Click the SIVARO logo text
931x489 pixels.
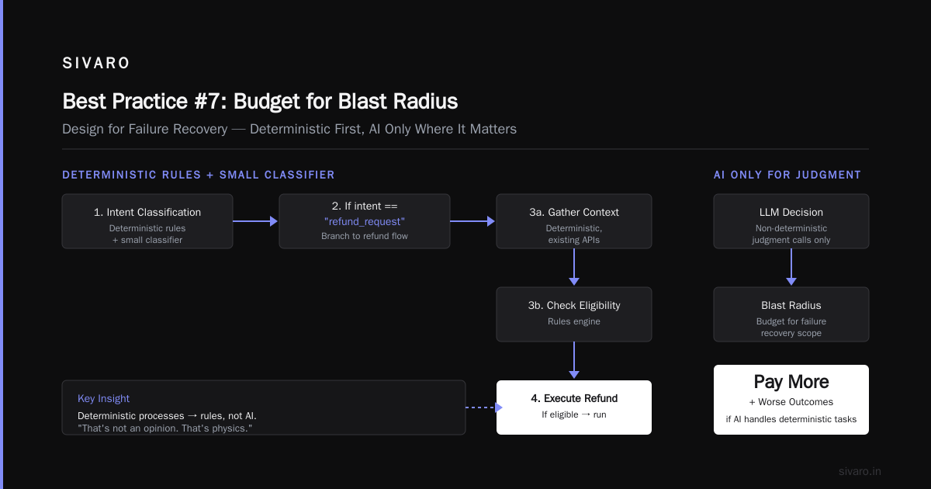pos(96,63)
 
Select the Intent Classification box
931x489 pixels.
pos(147,221)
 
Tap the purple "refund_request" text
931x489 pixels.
pos(365,222)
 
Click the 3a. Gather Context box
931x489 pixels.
pos(574,221)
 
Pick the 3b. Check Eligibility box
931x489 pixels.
pos(574,314)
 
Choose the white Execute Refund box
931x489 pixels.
pos(574,407)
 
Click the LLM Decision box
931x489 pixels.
pos(791,221)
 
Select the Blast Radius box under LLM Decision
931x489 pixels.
pos(791,314)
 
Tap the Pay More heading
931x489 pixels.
pos(791,382)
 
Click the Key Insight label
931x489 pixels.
pos(103,398)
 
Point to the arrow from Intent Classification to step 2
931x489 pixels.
pos(255,221)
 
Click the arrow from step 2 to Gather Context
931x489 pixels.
pos(472,221)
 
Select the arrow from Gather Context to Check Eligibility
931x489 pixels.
pos(574,267)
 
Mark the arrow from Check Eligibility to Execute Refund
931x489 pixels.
pos(574,360)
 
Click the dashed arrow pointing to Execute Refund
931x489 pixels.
pos(484,407)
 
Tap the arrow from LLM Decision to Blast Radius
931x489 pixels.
pos(791,267)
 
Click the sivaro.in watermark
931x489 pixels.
pos(860,471)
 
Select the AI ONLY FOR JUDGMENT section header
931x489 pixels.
pos(787,175)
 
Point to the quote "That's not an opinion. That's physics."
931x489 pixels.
pos(165,428)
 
